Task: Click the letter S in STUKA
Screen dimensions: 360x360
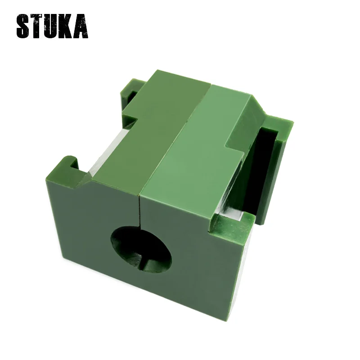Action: tap(23, 27)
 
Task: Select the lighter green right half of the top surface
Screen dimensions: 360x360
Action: tap(198, 144)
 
